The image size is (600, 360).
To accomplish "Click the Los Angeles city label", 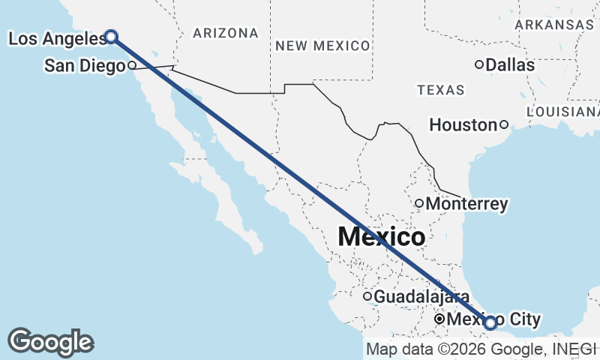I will point(54,37).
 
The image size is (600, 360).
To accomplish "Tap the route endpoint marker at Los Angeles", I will point(111,36).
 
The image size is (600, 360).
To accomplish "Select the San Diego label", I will point(84,66).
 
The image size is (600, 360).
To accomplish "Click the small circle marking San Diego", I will point(131,64).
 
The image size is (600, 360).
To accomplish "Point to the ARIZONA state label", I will point(225,33).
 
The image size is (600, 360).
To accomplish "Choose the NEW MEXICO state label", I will point(322,46).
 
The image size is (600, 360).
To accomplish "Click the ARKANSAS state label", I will point(554,25).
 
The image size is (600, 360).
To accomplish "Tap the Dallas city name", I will point(510,65).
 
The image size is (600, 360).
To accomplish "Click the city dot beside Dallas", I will point(479,64).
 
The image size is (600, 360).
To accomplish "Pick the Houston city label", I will point(463,125).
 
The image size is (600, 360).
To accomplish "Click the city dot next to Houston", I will point(504,124).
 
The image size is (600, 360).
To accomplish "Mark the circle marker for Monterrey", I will point(419,203).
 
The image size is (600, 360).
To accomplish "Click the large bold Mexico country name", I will point(381,237).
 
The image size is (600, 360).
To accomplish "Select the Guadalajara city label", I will point(421,297).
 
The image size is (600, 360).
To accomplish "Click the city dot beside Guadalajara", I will point(367,296).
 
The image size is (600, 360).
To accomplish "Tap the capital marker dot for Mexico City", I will point(440,319).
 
